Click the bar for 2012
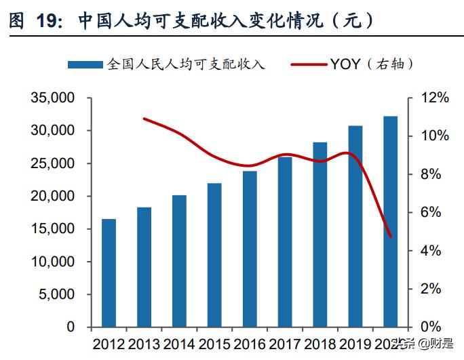109,273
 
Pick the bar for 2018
320,234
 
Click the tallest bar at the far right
391,221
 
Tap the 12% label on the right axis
433,98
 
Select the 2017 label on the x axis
284,344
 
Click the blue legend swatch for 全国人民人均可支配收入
86,65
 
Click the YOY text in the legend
347,65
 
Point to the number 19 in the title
50,20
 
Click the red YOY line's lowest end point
391,237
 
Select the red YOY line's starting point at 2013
144,119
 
